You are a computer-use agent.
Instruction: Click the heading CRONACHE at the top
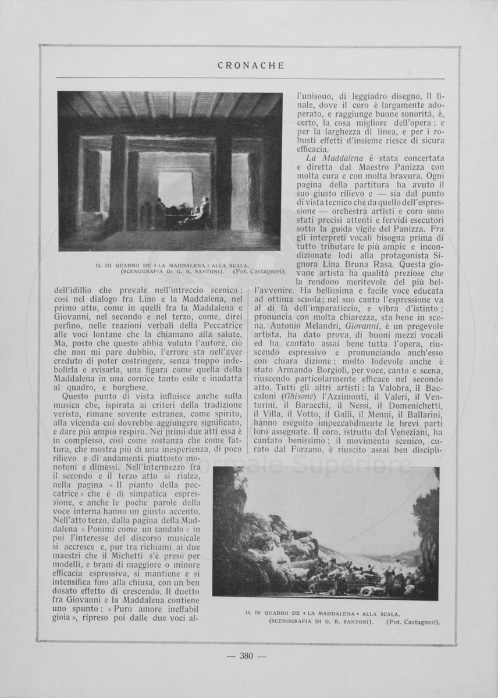pos(251,66)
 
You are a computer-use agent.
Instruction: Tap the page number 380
pos(246,656)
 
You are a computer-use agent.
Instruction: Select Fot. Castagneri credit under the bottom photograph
pos(412,622)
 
